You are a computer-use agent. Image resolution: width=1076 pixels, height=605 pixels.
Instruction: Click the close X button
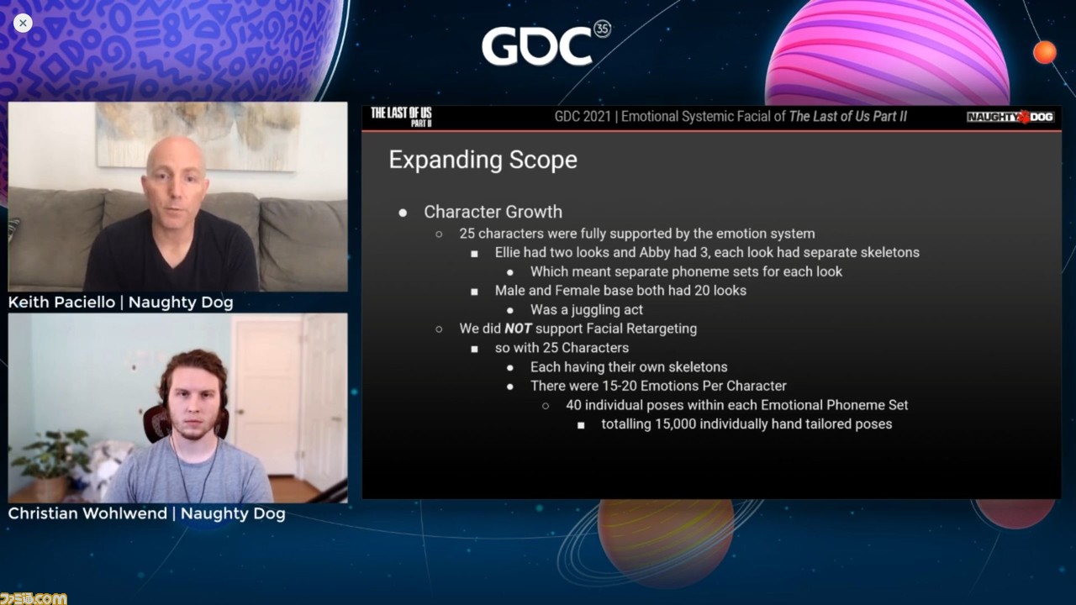pos(23,23)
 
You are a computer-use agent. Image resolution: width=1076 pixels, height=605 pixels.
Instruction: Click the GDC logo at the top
pos(537,46)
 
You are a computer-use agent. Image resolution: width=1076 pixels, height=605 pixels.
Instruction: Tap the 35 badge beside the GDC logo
pos(603,29)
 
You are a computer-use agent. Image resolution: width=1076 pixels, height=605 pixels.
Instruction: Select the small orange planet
pos(1045,52)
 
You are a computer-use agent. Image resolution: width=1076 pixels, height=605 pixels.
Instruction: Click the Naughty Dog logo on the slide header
pos(1010,117)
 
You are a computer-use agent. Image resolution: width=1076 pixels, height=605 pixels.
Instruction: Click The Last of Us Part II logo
pos(401,117)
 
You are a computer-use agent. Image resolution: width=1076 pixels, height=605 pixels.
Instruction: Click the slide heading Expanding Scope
pos(483,160)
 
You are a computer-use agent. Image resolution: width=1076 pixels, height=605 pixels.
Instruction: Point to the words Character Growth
pos(493,212)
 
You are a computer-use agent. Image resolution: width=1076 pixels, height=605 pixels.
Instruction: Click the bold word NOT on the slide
pos(518,329)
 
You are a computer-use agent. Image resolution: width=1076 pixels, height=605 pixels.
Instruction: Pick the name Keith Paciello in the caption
pos(61,302)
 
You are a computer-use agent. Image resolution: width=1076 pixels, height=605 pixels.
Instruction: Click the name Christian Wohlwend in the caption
pos(87,513)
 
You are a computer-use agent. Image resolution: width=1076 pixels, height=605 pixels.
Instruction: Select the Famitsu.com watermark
pos(33,598)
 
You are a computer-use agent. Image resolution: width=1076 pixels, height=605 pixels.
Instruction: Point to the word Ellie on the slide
pos(507,253)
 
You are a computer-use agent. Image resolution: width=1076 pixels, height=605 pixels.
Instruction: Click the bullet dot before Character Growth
pos(403,213)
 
